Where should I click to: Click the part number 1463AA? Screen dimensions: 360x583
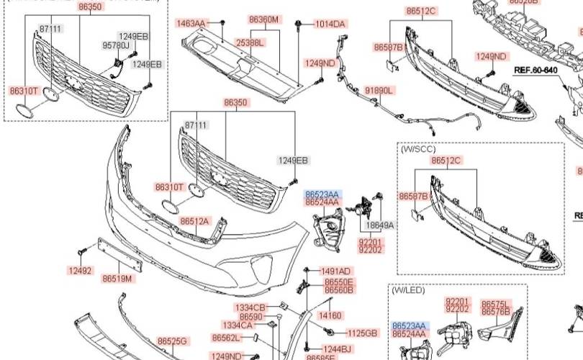click(191, 24)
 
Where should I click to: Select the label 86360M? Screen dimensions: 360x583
click(263, 19)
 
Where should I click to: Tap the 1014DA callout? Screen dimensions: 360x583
click(330, 24)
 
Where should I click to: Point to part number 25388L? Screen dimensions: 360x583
click(250, 43)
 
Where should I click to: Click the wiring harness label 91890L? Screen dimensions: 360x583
click(379, 91)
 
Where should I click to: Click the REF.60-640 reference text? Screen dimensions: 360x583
click(535, 70)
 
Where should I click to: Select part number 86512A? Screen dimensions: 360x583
click(194, 221)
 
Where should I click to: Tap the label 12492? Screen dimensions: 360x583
click(80, 271)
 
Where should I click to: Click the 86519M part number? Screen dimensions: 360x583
click(117, 278)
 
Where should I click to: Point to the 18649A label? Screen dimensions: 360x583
click(380, 225)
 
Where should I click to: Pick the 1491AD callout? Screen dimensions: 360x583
click(336, 271)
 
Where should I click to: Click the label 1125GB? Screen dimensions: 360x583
click(362, 333)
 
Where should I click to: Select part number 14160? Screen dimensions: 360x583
click(330, 315)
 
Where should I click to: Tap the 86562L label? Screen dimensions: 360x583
click(225, 338)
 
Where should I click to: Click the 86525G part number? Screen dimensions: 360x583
click(173, 341)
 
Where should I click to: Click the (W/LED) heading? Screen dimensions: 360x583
click(409, 290)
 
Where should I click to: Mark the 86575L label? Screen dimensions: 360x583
click(495, 304)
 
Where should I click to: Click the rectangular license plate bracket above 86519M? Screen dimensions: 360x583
click(119, 256)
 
